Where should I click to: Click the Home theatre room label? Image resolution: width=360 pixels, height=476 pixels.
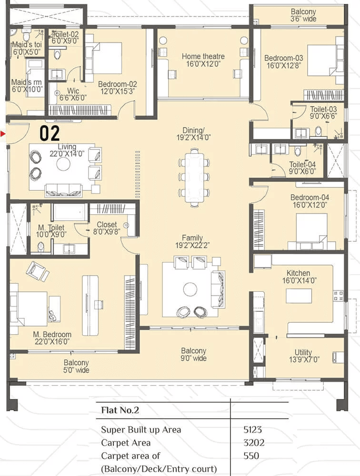click(203, 57)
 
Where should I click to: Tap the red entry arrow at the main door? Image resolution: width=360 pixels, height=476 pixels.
click(3, 134)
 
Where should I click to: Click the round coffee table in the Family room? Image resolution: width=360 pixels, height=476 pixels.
click(190, 289)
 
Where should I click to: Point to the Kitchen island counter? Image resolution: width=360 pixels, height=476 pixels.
click(299, 296)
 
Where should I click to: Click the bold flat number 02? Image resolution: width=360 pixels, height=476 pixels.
click(50, 133)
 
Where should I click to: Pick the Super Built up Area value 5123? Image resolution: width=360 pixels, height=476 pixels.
click(252, 429)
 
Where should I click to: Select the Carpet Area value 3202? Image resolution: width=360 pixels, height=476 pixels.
click(254, 443)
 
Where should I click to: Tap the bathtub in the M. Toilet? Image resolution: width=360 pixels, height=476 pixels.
click(69, 212)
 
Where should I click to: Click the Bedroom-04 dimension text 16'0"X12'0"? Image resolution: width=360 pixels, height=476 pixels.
click(310, 205)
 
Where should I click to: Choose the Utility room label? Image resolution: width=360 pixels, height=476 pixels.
click(303, 352)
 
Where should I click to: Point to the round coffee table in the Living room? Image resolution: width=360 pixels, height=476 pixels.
click(63, 164)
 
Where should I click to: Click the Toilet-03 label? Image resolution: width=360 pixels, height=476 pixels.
click(323, 109)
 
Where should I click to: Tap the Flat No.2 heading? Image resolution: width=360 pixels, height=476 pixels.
click(120, 410)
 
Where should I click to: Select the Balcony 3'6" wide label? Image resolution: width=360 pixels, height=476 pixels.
click(303, 15)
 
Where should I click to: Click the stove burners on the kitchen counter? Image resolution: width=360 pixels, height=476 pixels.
click(339, 296)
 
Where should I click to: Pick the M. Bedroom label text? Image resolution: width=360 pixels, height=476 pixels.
click(52, 334)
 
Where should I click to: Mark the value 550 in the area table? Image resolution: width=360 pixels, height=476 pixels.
click(251, 456)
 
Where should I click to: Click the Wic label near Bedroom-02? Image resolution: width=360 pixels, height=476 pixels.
click(73, 90)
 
